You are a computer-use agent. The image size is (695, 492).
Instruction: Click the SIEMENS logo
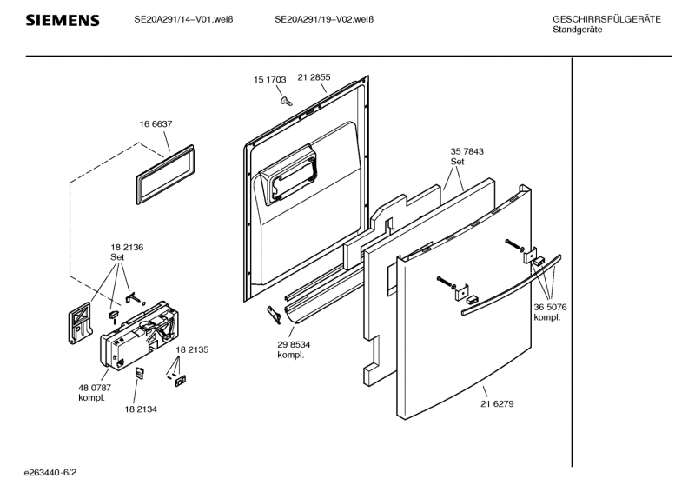pyautogui.click(x=62, y=20)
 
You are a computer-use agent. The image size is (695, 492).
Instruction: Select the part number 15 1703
pyautogui.click(x=269, y=79)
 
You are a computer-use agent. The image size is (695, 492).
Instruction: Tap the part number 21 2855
pyautogui.click(x=314, y=77)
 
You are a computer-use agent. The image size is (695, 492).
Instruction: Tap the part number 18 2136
pyautogui.click(x=127, y=248)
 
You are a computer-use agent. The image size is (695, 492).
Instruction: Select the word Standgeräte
pyautogui.click(x=578, y=30)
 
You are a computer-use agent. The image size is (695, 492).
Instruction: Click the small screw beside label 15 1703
pyautogui.click(x=285, y=101)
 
